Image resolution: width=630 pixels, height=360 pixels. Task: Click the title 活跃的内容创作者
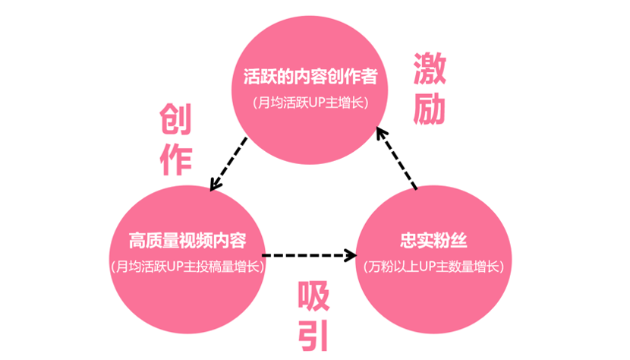tap(310, 78)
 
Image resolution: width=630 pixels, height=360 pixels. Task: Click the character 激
tap(430, 71)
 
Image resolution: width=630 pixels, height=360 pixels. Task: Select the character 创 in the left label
tap(175, 119)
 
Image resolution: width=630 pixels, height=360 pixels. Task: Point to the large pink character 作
tap(175, 160)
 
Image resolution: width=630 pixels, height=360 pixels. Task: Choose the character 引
tap(313, 336)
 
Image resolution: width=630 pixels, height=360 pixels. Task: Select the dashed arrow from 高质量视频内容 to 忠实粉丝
tap(310, 255)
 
